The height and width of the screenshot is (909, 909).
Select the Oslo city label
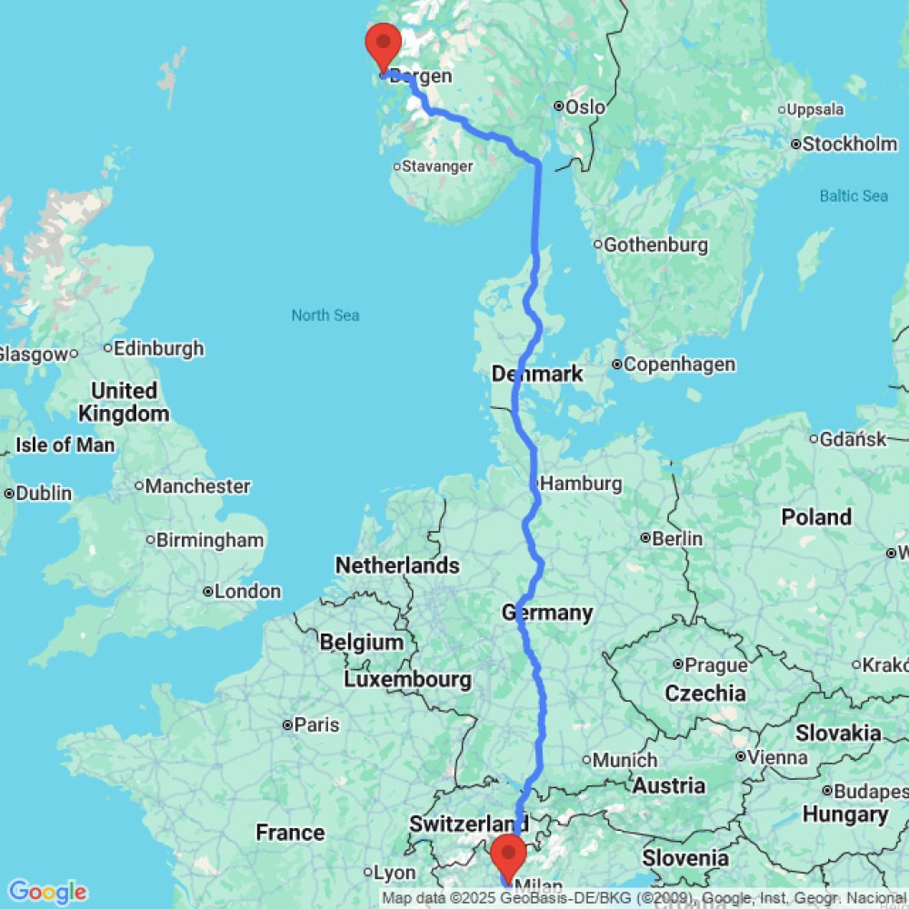584,107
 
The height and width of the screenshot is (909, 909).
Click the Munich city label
625,760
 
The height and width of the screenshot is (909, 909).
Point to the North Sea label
325,315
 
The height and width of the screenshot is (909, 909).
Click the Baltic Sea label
854,195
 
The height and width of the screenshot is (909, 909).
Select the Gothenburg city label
655,245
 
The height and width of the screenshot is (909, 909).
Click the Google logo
46,892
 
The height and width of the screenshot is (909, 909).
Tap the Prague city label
717,665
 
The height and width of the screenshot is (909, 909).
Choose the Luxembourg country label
407,679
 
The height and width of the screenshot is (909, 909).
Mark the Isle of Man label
65,445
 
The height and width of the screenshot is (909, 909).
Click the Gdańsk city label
853,439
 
